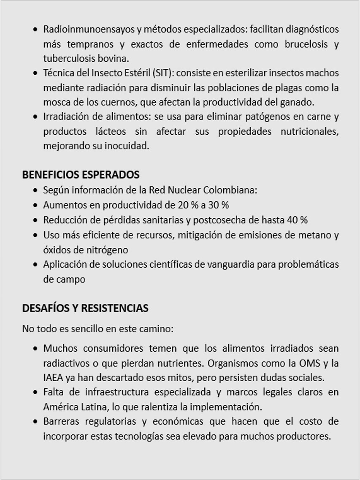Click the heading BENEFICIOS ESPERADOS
(81, 174)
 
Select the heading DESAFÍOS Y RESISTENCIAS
(85, 308)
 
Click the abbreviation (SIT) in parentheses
(163, 73)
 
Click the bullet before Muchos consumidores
(35, 349)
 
